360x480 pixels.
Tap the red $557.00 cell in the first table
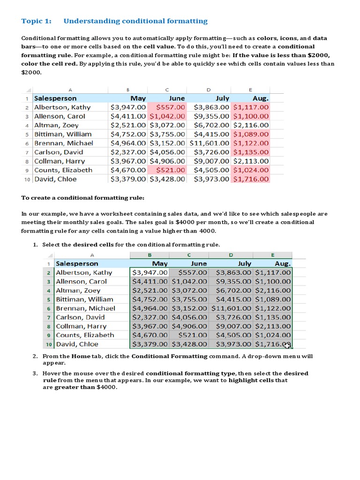[167, 107]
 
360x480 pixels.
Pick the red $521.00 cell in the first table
[167, 170]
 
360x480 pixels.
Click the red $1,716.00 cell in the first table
[251, 179]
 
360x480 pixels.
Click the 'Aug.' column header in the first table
[260, 98]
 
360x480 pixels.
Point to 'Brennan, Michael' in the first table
[64, 143]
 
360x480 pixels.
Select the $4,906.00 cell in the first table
[167, 161]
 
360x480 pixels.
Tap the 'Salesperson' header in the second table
[77, 263]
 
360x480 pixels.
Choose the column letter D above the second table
[231, 255]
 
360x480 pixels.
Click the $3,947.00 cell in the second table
[150, 272]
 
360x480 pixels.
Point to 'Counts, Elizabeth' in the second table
[85, 335]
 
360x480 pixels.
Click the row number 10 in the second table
[48, 344]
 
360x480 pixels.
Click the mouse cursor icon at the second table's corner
[287, 345]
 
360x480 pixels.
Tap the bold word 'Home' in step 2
[81, 356]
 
